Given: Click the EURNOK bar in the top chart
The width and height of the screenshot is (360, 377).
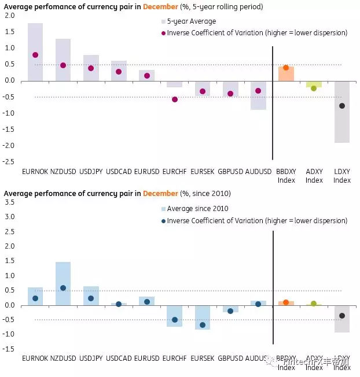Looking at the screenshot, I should click(35, 52).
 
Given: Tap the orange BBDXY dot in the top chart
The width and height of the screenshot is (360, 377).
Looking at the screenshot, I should click(286, 68).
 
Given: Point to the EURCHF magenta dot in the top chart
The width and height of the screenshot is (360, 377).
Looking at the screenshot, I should click(175, 99).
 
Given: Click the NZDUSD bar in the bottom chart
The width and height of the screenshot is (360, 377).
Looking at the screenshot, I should click(63, 283).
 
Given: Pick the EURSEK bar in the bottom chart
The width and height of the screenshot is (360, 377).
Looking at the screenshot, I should click(203, 317).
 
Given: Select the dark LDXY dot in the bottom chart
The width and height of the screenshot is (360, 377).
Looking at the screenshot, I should click(342, 316).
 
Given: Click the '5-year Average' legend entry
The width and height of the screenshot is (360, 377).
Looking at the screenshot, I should click(185, 21).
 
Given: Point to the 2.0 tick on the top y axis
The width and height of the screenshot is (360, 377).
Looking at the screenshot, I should click(9, 16).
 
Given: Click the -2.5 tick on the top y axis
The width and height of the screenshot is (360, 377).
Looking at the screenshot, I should click(8, 161).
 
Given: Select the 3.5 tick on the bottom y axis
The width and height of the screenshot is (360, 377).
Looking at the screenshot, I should click(9, 202).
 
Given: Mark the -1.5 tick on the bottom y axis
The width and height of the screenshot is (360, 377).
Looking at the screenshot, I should click(8, 349).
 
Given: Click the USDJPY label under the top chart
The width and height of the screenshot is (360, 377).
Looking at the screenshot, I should click(91, 172).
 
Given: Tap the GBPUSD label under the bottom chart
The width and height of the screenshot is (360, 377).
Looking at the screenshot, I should click(230, 358).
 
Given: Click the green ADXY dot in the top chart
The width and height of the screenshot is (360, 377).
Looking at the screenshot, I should click(314, 88).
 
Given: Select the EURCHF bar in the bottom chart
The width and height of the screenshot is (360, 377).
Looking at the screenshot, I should click(175, 316).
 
